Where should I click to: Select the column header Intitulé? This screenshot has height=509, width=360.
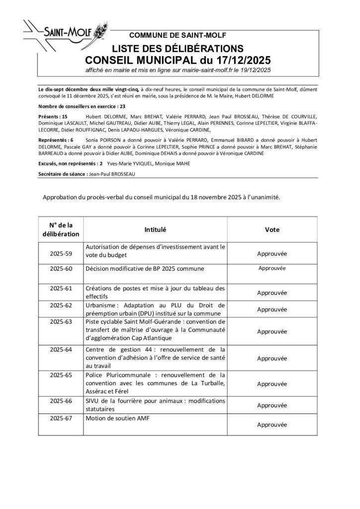155,230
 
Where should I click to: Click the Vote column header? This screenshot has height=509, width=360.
272,230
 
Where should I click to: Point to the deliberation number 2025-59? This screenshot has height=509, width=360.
61,254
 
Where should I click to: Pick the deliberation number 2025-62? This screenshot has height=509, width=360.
61,305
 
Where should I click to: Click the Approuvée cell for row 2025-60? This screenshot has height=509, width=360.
271,268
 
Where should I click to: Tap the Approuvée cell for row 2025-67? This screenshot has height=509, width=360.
272,425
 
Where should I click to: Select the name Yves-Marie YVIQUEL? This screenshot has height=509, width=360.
128,163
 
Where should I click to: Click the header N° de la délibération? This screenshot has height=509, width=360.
61,230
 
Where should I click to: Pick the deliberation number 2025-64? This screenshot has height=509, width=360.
61,349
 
